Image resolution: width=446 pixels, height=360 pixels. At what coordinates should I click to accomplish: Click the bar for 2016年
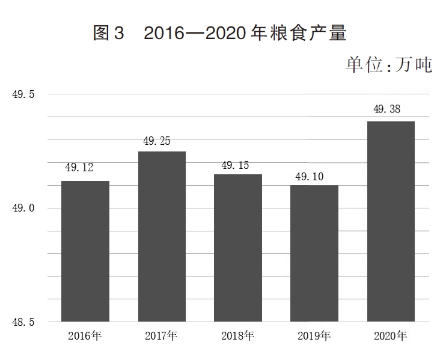[85, 251]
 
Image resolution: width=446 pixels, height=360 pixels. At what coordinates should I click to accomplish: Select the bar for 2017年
[162, 236]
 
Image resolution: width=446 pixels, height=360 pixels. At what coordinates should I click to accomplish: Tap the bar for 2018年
[238, 248]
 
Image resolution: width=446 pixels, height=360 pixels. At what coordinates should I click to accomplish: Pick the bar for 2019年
[314, 253]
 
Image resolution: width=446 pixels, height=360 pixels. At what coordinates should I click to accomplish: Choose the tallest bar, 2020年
[391, 221]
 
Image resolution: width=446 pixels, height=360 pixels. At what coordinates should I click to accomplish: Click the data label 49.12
[79, 168]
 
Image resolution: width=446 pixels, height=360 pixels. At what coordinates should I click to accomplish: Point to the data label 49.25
[156, 141]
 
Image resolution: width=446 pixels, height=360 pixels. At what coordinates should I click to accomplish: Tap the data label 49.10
[310, 177]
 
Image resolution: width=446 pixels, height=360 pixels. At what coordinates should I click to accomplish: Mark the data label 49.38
[387, 109]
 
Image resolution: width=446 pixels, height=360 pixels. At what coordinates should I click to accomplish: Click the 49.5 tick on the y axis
[23, 94]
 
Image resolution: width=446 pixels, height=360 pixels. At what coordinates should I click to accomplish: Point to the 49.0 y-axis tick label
[23, 208]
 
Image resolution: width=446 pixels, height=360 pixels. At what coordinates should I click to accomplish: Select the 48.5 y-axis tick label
[23, 322]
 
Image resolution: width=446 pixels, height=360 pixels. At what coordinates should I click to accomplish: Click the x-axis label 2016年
[84, 335]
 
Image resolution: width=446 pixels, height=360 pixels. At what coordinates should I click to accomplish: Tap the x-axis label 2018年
[237, 335]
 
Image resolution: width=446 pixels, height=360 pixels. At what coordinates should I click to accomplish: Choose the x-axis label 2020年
[391, 335]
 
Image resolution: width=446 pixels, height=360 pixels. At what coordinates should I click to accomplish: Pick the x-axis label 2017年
[161, 335]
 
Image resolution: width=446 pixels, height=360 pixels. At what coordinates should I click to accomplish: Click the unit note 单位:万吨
[388, 64]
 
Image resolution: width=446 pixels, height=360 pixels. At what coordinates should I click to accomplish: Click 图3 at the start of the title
[108, 32]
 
